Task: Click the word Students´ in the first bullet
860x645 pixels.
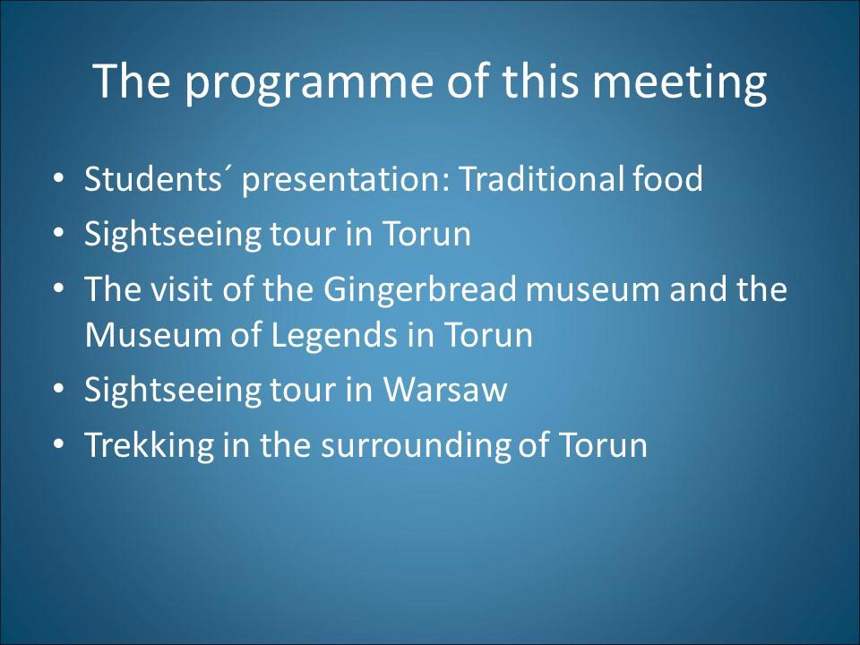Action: click(x=159, y=178)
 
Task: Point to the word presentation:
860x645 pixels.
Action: click(x=346, y=180)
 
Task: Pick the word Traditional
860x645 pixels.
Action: click(x=541, y=178)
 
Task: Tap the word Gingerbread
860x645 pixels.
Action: click(x=420, y=290)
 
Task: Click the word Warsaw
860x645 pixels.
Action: click(x=445, y=390)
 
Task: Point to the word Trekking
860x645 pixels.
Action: click(x=149, y=446)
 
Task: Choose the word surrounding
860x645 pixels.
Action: click(x=416, y=446)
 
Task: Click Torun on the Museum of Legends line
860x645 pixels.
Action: click(x=487, y=334)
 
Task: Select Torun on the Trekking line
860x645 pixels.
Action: click(x=603, y=444)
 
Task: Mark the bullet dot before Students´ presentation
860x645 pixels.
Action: click(x=59, y=179)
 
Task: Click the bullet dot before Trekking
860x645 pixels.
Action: click(x=59, y=445)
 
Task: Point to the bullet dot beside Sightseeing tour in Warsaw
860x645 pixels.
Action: click(x=59, y=390)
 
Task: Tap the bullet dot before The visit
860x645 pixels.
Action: click(x=59, y=289)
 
